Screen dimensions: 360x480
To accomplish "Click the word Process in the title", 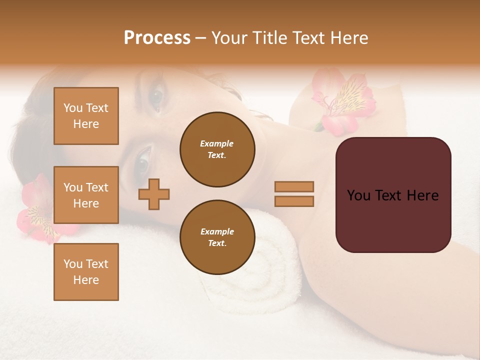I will pos(157,38).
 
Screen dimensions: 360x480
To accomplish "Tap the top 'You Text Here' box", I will pos(86,116).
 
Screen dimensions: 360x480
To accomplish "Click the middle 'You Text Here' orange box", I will pos(86,195).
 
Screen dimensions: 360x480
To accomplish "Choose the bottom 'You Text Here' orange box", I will pos(86,272).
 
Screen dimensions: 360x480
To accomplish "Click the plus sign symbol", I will pos(154,194).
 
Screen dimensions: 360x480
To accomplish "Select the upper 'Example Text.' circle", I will pos(217,149).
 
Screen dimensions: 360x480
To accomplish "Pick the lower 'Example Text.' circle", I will pos(217,237).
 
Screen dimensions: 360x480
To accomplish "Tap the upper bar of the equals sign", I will pos(294,186).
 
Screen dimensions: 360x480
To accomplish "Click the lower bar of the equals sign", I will pos(294,201).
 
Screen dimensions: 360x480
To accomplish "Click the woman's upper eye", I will pos(156,98).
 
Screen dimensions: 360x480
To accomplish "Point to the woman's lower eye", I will pos(143,161).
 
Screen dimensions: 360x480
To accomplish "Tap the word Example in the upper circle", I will pos(217,143).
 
